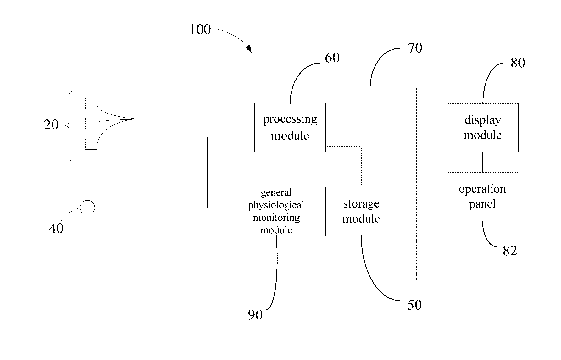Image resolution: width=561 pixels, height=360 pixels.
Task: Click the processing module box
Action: click(290, 128)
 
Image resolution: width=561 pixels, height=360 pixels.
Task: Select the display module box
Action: click(483, 128)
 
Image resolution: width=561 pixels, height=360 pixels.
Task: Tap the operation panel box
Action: click(482, 197)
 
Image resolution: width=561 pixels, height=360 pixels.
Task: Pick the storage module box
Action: click(361, 211)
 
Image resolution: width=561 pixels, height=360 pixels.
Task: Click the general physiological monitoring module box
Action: click(276, 211)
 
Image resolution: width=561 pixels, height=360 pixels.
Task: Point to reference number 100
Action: click(200, 30)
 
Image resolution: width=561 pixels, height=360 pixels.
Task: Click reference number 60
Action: click(332, 58)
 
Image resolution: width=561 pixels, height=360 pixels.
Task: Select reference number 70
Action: click(415, 48)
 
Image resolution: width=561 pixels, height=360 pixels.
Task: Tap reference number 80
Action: click(518, 63)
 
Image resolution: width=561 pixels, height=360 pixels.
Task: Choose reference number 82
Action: click(510, 251)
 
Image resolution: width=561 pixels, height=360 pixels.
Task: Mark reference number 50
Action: click(414, 305)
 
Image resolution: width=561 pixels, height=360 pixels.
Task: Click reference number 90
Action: click(255, 315)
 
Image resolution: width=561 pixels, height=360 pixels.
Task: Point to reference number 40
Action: click(56, 228)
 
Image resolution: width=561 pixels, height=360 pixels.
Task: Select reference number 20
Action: click(51, 125)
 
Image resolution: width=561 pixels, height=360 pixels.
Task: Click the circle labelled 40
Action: click(87, 208)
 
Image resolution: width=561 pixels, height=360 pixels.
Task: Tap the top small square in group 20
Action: click(91, 104)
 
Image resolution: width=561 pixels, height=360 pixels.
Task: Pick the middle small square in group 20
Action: click(91, 124)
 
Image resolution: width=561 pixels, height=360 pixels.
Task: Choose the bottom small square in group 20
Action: click(91, 143)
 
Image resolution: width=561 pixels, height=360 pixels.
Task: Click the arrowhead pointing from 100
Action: click(249, 49)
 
